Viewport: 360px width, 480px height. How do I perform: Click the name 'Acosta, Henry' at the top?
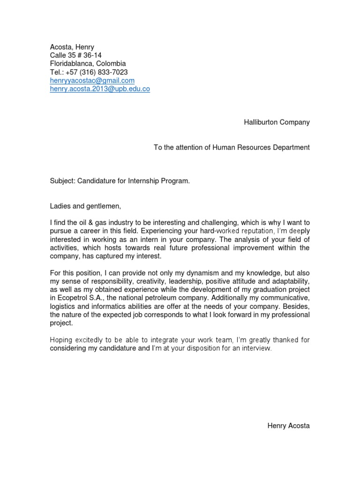(x=72, y=47)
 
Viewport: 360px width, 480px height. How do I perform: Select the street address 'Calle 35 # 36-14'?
(x=75, y=55)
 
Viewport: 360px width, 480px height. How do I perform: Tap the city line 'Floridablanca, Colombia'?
(x=88, y=64)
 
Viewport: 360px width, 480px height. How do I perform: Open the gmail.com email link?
(x=92, y=81)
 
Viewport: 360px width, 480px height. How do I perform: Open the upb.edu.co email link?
(x=100, y=89)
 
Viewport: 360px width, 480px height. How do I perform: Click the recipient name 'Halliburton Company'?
(x=277, y=122)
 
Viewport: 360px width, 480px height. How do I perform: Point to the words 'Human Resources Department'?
(x=261, y=148)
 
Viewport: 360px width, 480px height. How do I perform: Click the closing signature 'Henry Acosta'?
(x=288, y=426)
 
